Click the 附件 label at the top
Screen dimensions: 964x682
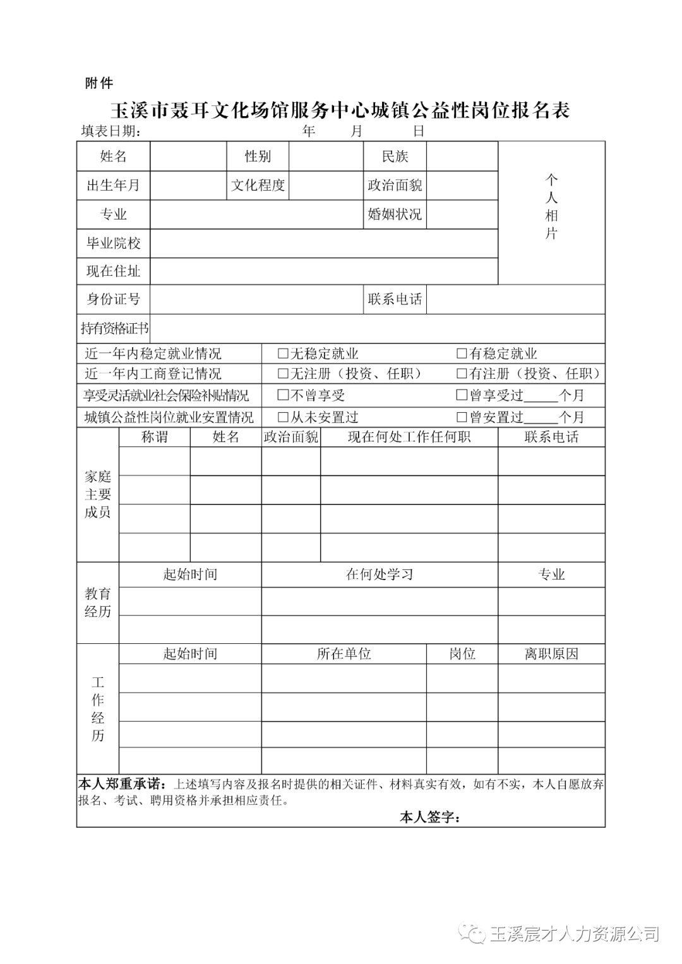99,83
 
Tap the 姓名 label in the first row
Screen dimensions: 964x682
114,157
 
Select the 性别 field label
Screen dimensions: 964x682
258,157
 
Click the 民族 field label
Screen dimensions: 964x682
395,157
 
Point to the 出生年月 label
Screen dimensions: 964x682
114,186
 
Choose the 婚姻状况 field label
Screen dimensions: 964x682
395,215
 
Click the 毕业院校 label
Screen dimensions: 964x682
114,243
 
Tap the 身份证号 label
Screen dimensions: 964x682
114,299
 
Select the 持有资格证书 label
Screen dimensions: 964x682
114,328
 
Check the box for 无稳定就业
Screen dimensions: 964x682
284,354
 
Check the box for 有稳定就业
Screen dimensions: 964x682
462,354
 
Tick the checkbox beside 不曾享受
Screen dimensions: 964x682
284,396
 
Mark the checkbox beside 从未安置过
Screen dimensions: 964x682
284,417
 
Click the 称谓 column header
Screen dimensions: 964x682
154,437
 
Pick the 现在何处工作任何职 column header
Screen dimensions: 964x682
409,437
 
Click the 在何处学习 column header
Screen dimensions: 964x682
380,574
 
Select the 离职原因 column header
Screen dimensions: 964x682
551,654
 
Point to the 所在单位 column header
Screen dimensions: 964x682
344,654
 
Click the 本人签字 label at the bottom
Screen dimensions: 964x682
429,818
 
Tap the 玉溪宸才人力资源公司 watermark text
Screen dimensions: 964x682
573,934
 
